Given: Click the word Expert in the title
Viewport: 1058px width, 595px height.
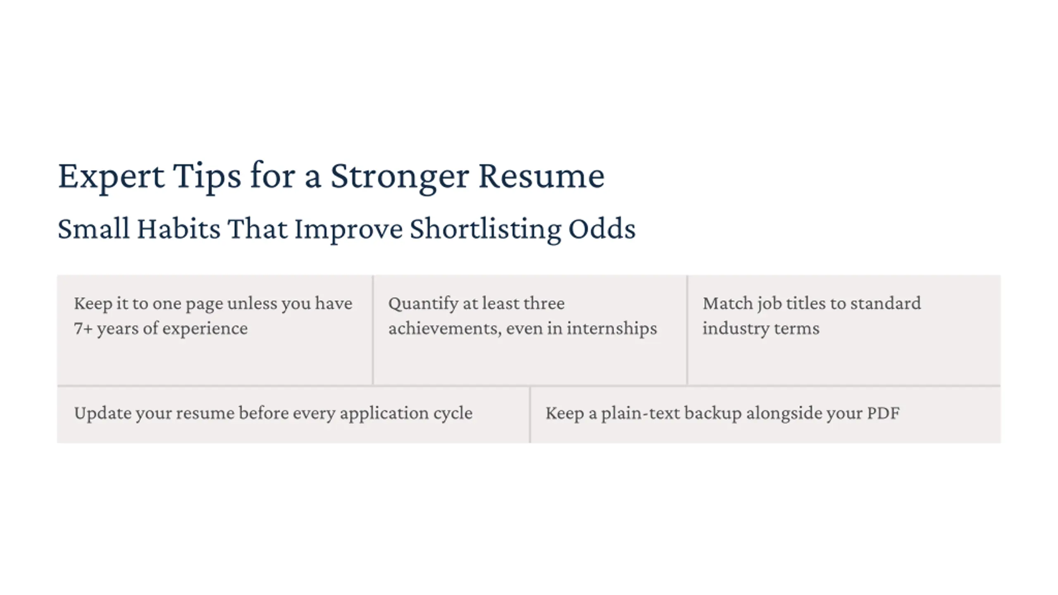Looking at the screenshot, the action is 111,177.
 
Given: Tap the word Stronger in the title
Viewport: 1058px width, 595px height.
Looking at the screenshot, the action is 400,177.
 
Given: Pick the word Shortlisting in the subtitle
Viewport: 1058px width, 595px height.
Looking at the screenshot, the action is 485,230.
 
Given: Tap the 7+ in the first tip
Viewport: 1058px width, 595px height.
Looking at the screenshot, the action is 83,328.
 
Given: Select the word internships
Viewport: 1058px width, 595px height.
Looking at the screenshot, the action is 612,329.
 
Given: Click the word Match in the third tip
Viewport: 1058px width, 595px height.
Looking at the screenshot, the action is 728,303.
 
